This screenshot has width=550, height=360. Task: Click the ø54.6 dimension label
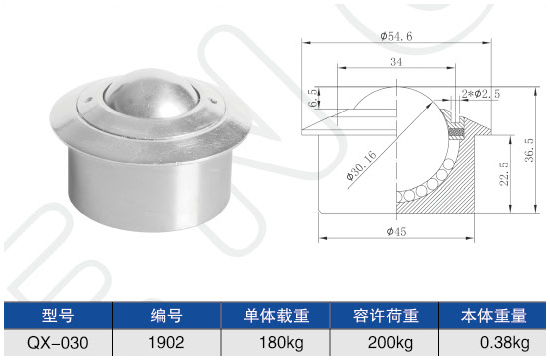pyautogui.click(x=396, y=36)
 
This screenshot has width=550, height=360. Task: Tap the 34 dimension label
pyautogui.click(x=396, y=62)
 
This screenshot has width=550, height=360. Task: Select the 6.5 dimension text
pyautogui.click(x=313, y=98)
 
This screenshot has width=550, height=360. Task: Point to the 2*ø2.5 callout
pyautogui.click(x=481, y=94)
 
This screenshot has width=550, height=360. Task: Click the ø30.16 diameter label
pyautogui.click(x=361, y=165)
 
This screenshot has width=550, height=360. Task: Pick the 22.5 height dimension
pyautogui.click(x=504, y=174)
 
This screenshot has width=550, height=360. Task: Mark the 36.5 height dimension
pyautogui.click(x=529, y=150)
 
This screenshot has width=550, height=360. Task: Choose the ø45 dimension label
pyautogui.click(x=396, y=232)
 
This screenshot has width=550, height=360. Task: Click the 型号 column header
pyautogui.click(x=58, y=315)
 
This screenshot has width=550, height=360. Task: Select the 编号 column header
pyautogui.click(x=167, y=315)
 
